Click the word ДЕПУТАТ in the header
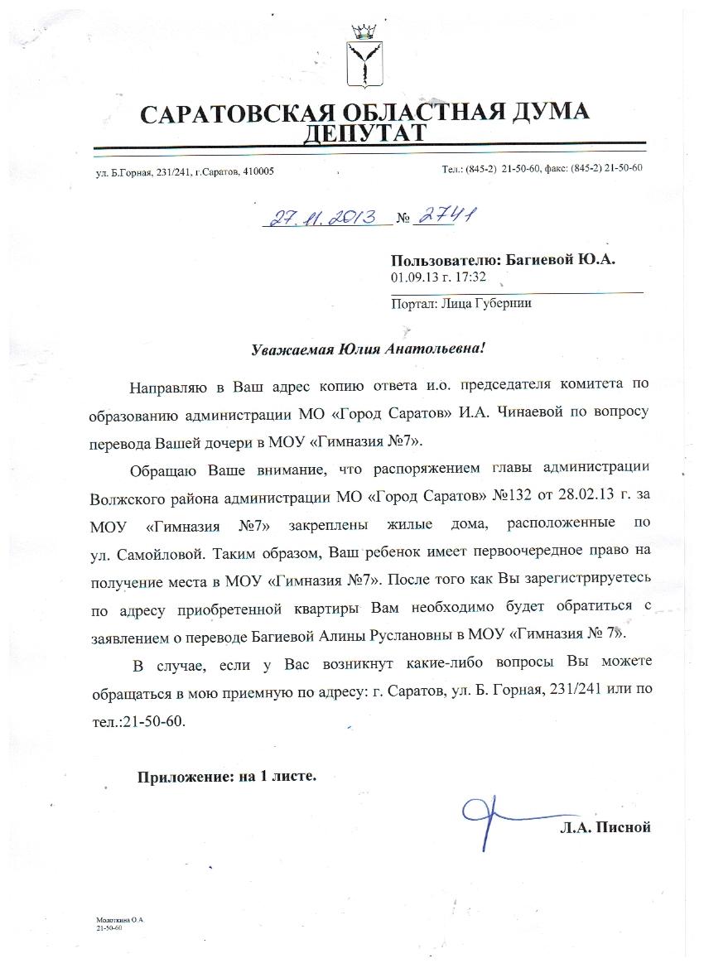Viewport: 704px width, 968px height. pos(364,133)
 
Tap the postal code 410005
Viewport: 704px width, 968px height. pos(258,171)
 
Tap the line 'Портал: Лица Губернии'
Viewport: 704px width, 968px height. pos(460,303)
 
